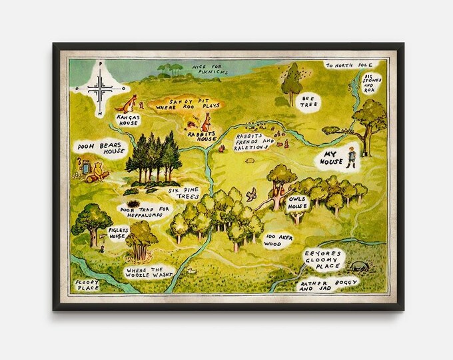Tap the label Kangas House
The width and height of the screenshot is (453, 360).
(x=127, y=119)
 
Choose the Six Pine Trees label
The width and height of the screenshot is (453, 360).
(x=183, y=193)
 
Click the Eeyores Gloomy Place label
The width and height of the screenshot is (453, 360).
(x=322, y=259)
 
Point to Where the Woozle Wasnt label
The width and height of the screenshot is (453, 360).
(x=148, y=273)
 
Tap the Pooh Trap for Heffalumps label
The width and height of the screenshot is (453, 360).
(x=143, y=211)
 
